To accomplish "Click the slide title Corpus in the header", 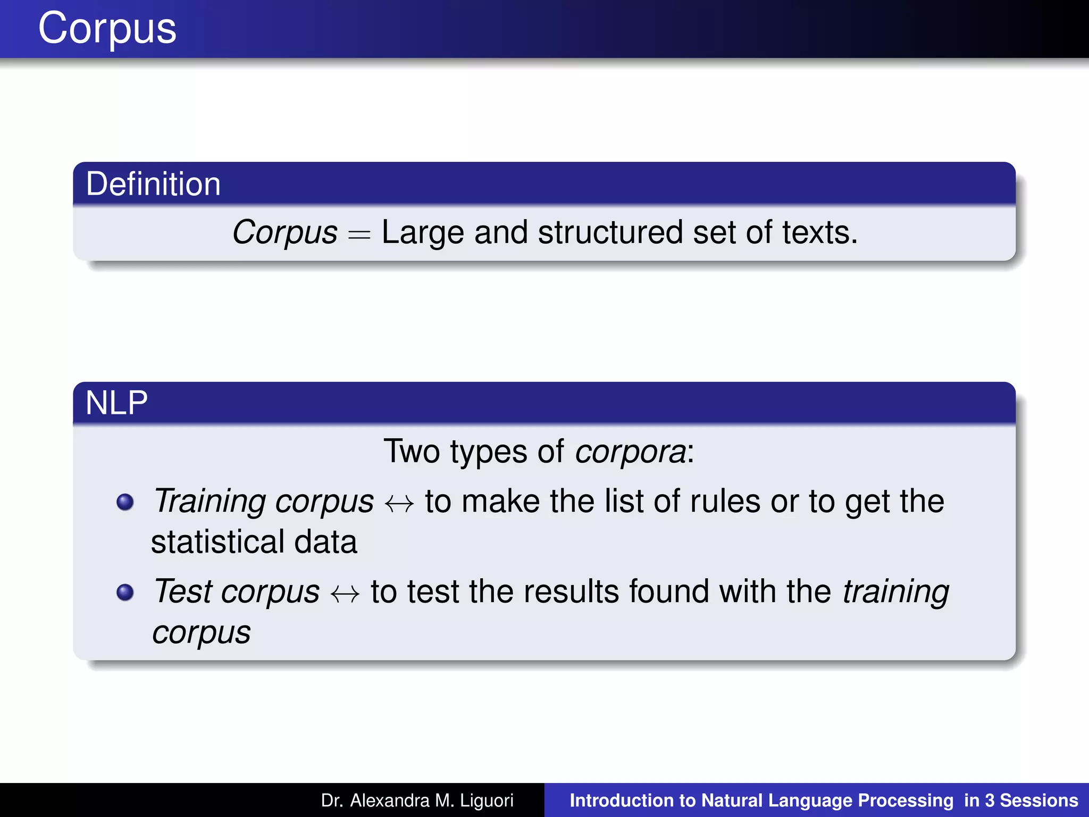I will [107, 29].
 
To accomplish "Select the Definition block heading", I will [153, 184].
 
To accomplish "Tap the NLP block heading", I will [116, 403].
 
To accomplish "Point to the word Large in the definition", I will [423, 233].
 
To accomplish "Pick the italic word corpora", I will [631, 452].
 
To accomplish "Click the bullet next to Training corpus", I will [125, 502].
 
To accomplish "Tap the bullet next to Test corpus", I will [125, 592].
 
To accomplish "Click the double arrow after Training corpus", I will [399, 503].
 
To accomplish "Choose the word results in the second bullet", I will [571, 591].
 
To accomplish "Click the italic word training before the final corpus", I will [896, 591].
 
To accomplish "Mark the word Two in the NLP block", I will [412, 452].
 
